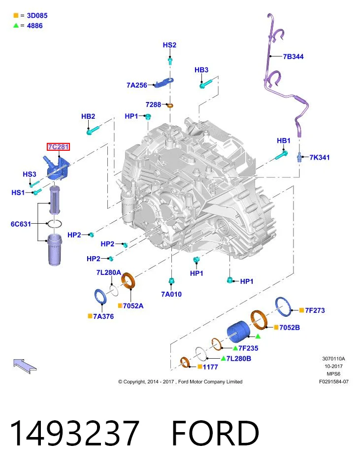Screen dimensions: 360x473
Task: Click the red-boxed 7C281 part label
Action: coord(59,147)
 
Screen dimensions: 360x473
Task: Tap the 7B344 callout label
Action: coord(293,56)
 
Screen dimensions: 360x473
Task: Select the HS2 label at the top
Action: coord(169,45)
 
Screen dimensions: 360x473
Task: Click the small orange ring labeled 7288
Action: coord(170,105)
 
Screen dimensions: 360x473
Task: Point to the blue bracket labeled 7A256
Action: coord(164,82)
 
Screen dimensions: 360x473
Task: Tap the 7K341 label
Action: coord(320,157)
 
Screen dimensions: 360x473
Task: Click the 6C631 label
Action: coord(21,224)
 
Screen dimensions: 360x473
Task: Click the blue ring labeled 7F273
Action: coord(283,307)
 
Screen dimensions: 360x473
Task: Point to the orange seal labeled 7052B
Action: coord(260,320)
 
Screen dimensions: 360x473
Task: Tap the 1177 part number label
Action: coord(210,367)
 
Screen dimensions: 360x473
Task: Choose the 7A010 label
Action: coord(171,294)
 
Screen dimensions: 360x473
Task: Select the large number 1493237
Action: coord(74,433)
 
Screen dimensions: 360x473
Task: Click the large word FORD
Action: coord(215,433)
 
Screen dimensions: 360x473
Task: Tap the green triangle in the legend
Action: coord(16,26)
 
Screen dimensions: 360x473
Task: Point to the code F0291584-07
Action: coord(334,381)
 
